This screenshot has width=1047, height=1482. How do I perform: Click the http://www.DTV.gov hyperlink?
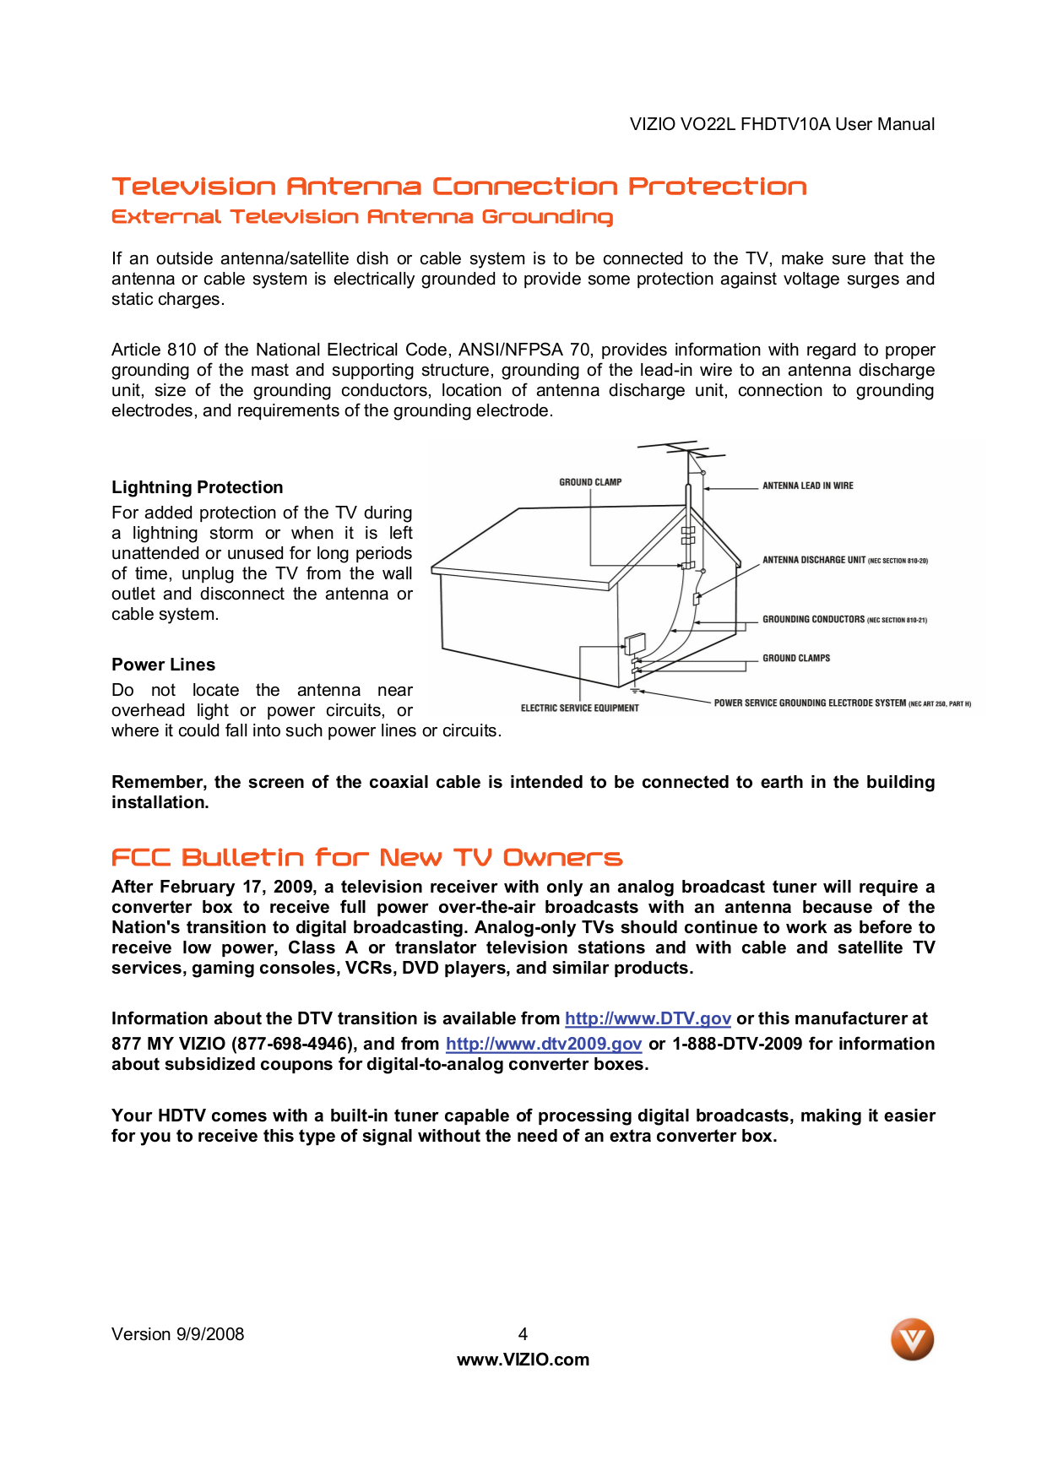648,1018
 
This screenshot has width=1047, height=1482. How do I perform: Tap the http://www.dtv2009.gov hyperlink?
544,1044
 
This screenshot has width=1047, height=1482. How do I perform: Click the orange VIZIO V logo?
912,1339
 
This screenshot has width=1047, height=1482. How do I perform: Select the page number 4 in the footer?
523,1334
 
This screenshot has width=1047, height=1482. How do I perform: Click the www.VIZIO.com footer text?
523,1360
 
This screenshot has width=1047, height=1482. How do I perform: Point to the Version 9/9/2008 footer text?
177,1334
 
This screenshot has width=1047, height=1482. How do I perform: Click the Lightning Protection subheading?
197,487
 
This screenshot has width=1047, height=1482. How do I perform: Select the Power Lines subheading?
163,665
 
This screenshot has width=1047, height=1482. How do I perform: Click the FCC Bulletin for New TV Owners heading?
366,858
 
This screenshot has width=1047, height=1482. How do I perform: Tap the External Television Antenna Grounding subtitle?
361,217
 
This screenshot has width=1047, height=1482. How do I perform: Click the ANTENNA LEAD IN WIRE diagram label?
807,486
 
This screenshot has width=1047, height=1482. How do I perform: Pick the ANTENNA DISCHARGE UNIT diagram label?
814,560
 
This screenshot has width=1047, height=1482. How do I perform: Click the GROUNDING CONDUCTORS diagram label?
813,619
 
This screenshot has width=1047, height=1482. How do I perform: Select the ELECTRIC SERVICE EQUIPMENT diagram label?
579,708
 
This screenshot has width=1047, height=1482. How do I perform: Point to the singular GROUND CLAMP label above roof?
590,482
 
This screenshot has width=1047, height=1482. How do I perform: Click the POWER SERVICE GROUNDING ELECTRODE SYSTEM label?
809,703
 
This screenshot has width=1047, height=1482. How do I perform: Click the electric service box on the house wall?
634,644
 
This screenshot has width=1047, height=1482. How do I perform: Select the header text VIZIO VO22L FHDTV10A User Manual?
782,124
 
